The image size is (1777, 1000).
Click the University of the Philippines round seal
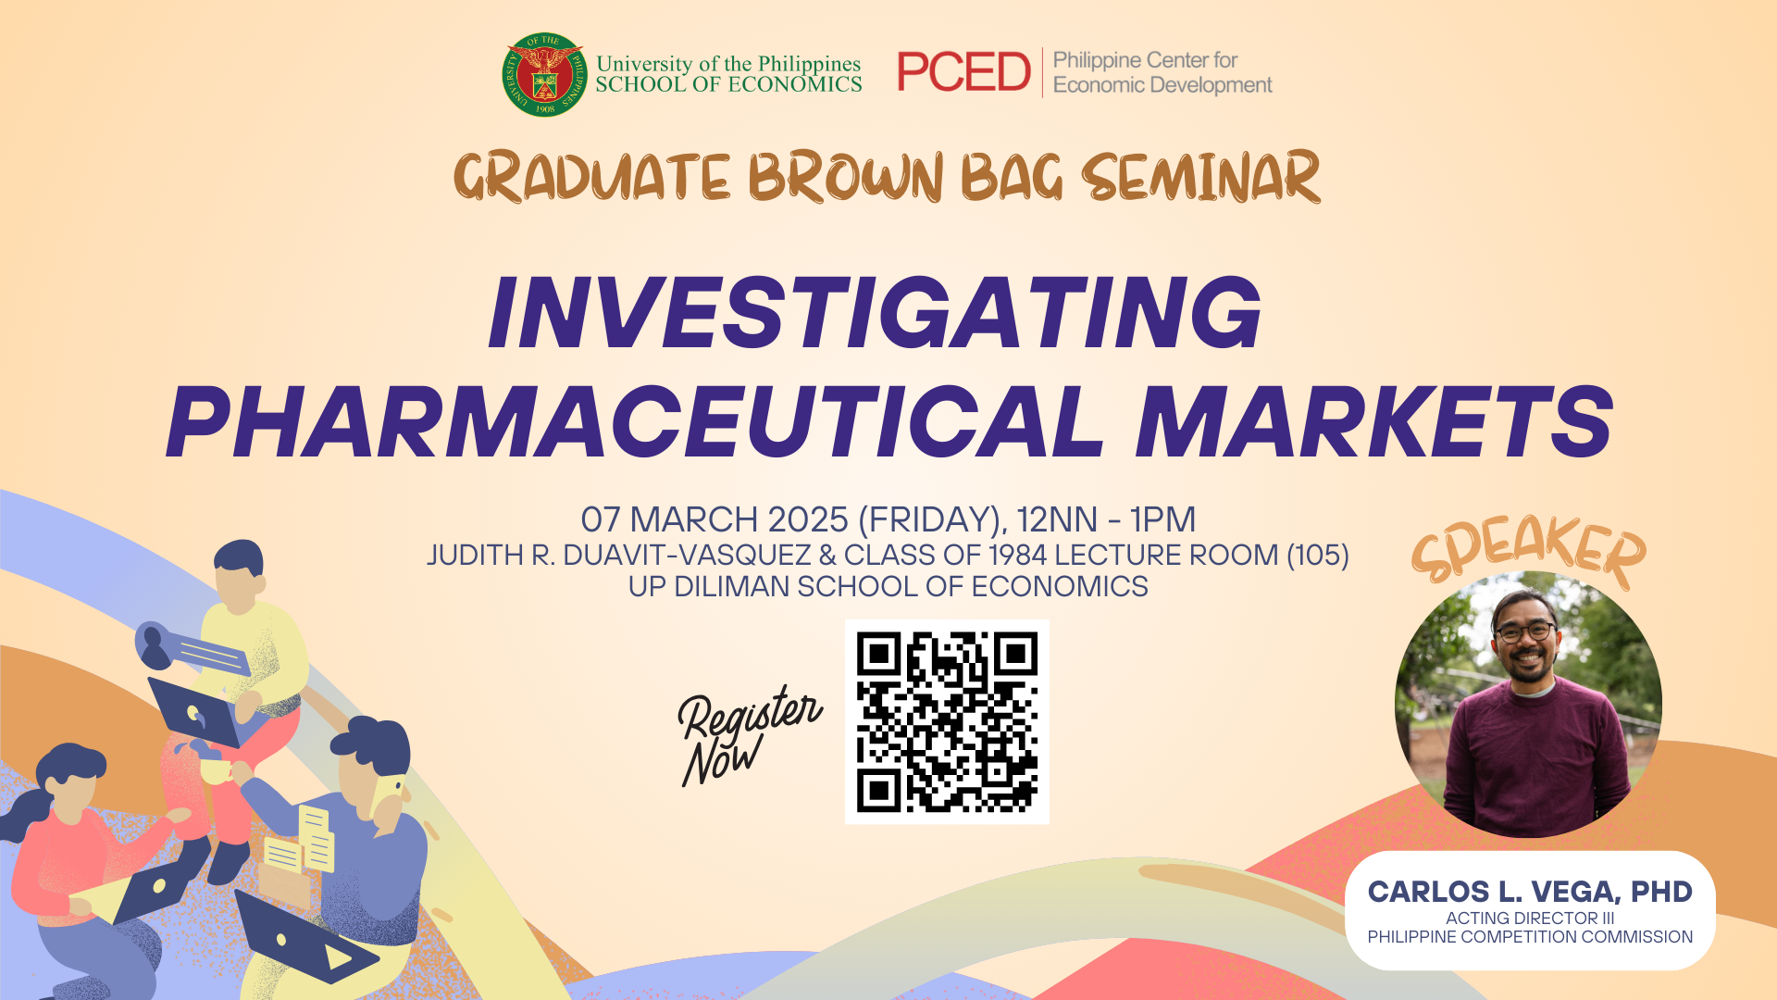(544, 75)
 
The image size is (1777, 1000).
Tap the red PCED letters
(963, 72)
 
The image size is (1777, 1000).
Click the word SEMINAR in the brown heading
(1200, 178)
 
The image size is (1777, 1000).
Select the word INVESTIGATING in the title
(875, 313)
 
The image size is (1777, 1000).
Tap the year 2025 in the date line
(808, 519)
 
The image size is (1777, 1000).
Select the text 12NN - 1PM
(1106, 519)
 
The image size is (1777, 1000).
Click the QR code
(947, 722)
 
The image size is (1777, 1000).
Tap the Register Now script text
(748, 734)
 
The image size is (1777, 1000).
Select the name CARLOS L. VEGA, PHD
(1530, 892)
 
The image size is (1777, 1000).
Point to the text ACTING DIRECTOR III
(1530, 919)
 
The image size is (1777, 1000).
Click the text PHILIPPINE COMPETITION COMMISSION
(1530, 937)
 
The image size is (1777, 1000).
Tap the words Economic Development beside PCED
(1162, 85)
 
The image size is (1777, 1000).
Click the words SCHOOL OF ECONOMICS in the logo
(728, 85)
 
